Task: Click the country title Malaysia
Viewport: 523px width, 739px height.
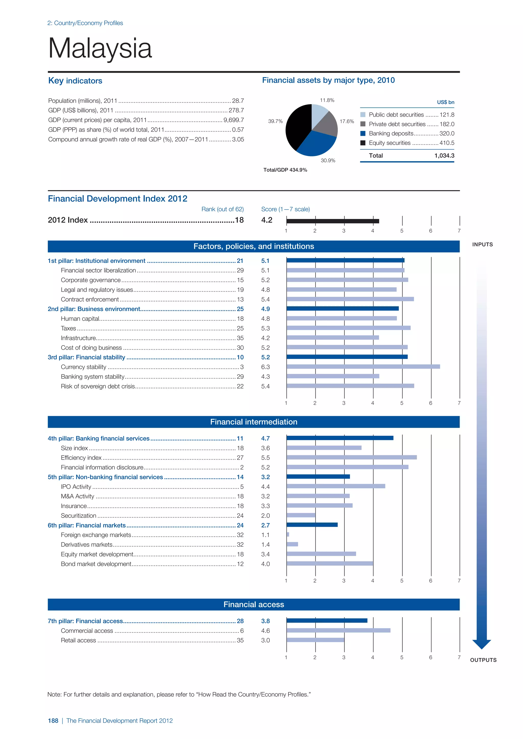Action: click(x=100, y=48)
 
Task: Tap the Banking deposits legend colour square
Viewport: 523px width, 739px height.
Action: click(x=363, y=133)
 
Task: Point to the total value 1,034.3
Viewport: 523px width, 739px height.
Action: click(x=444, y=156)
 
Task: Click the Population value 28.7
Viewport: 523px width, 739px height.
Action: click(x=238, y=101)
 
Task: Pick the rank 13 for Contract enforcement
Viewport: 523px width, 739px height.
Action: click(x=240, y=299)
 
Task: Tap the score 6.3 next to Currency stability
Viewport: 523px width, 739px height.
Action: click(x=265, y=367)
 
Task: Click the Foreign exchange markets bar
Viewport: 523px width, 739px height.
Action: click(x=288, y=535)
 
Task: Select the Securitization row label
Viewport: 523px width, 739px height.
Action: click(x=79, y=516)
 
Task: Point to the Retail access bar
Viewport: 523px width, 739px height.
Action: click(x=315, y=640)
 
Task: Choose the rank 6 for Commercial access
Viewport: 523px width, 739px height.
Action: click(x=242, y=631)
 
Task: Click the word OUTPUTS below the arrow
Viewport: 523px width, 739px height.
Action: click(x=483, y=660)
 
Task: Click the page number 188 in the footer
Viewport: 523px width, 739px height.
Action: click(x=53, y=721)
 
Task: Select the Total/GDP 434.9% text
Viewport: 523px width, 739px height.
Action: click(x=285, y=170)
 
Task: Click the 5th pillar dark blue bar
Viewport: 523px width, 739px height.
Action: click(x=318, y=477)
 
